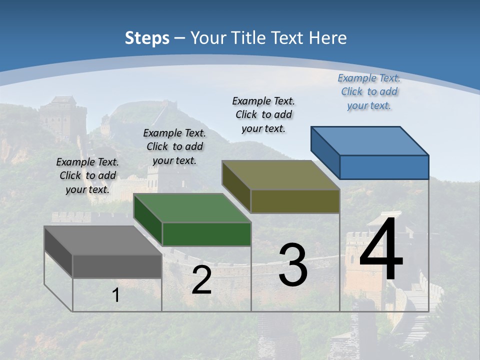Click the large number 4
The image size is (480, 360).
pos(381,248)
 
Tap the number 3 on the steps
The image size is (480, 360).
pos(293,265)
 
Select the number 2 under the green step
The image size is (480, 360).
pos(201,280)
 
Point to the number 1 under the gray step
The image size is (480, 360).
pos(116,295)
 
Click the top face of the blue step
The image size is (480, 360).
pos(369,140)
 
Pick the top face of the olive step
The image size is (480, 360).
pos(280,174)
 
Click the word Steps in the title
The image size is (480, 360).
pos(147,37)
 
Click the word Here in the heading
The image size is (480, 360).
pos(328,37)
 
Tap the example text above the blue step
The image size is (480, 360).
pos(369,91)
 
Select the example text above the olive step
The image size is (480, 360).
pos(263,114)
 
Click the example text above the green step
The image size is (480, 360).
pos(174,146)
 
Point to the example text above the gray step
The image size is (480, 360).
pos(87,175)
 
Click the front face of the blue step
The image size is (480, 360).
pos(384,167)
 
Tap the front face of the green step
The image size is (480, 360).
pos(206,234)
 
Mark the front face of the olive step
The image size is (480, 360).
pos(295,201)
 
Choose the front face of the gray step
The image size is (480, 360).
pos(117,266)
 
